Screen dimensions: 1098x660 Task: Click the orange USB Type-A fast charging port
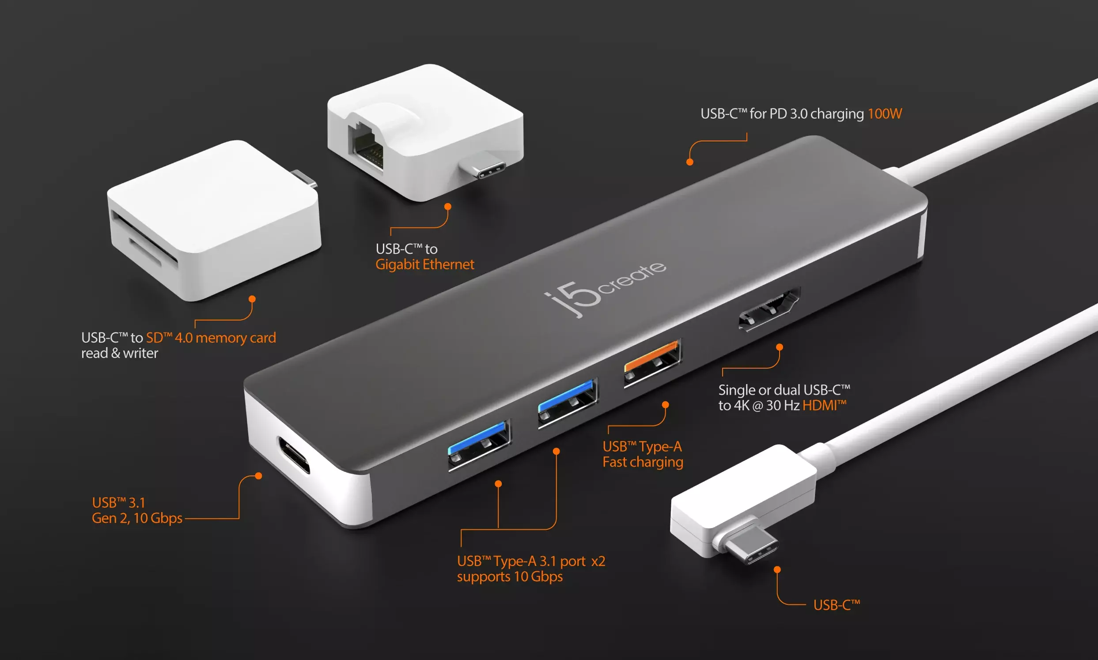click(652, 363)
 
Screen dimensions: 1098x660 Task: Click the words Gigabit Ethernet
click(425, 264)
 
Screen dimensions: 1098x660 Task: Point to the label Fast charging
click(643, 463)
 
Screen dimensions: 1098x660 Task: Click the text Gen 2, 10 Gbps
click(137, 519)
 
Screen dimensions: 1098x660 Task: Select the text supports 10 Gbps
click(510, 577)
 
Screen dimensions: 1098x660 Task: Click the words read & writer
click(120, 353)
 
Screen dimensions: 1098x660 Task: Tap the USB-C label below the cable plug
click(837, 605)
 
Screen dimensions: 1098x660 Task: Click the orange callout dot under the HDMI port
click(780, 347)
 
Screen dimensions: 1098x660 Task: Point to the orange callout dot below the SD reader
click(252, 299)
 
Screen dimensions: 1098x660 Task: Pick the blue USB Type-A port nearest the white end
click(480, 445)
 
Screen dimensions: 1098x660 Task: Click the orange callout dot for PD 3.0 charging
click(690, 162)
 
